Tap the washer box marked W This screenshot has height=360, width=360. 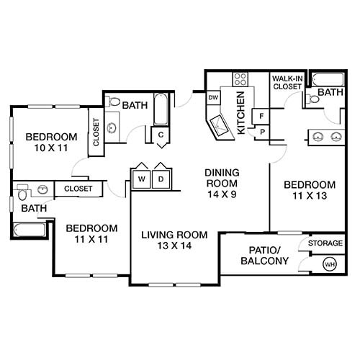pos(141,178)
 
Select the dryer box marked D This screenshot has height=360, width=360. pos(161,178)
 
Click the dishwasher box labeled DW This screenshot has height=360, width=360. pos(213,97)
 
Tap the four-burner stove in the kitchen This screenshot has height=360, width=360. pos(240,79)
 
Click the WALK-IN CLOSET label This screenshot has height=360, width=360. pos(286,81)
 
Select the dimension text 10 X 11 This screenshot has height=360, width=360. pos(50,149)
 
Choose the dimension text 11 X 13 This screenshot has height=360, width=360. pos(310,195)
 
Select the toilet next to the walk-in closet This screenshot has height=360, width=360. pos(310,99)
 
